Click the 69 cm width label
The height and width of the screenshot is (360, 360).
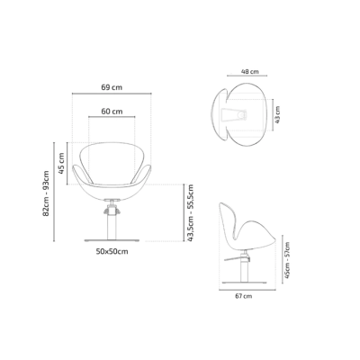[x=112, y=87]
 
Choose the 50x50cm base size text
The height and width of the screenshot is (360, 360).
[x=112, y=251]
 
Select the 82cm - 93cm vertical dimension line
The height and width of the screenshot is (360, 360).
[x=55, y=191]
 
